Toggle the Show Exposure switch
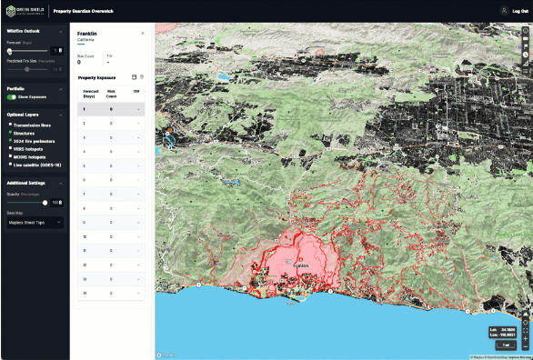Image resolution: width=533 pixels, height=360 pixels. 12,95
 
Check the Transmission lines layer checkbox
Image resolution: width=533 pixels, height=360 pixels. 10,125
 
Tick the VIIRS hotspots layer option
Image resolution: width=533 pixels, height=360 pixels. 10,148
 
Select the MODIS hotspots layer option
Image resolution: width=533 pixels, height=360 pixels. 10,156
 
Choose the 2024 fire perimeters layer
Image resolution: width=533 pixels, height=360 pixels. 10,140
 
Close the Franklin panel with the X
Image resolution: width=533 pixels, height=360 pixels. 142,33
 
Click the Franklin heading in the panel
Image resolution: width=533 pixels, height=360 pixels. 88,33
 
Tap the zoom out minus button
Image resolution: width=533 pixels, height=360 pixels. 526,346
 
